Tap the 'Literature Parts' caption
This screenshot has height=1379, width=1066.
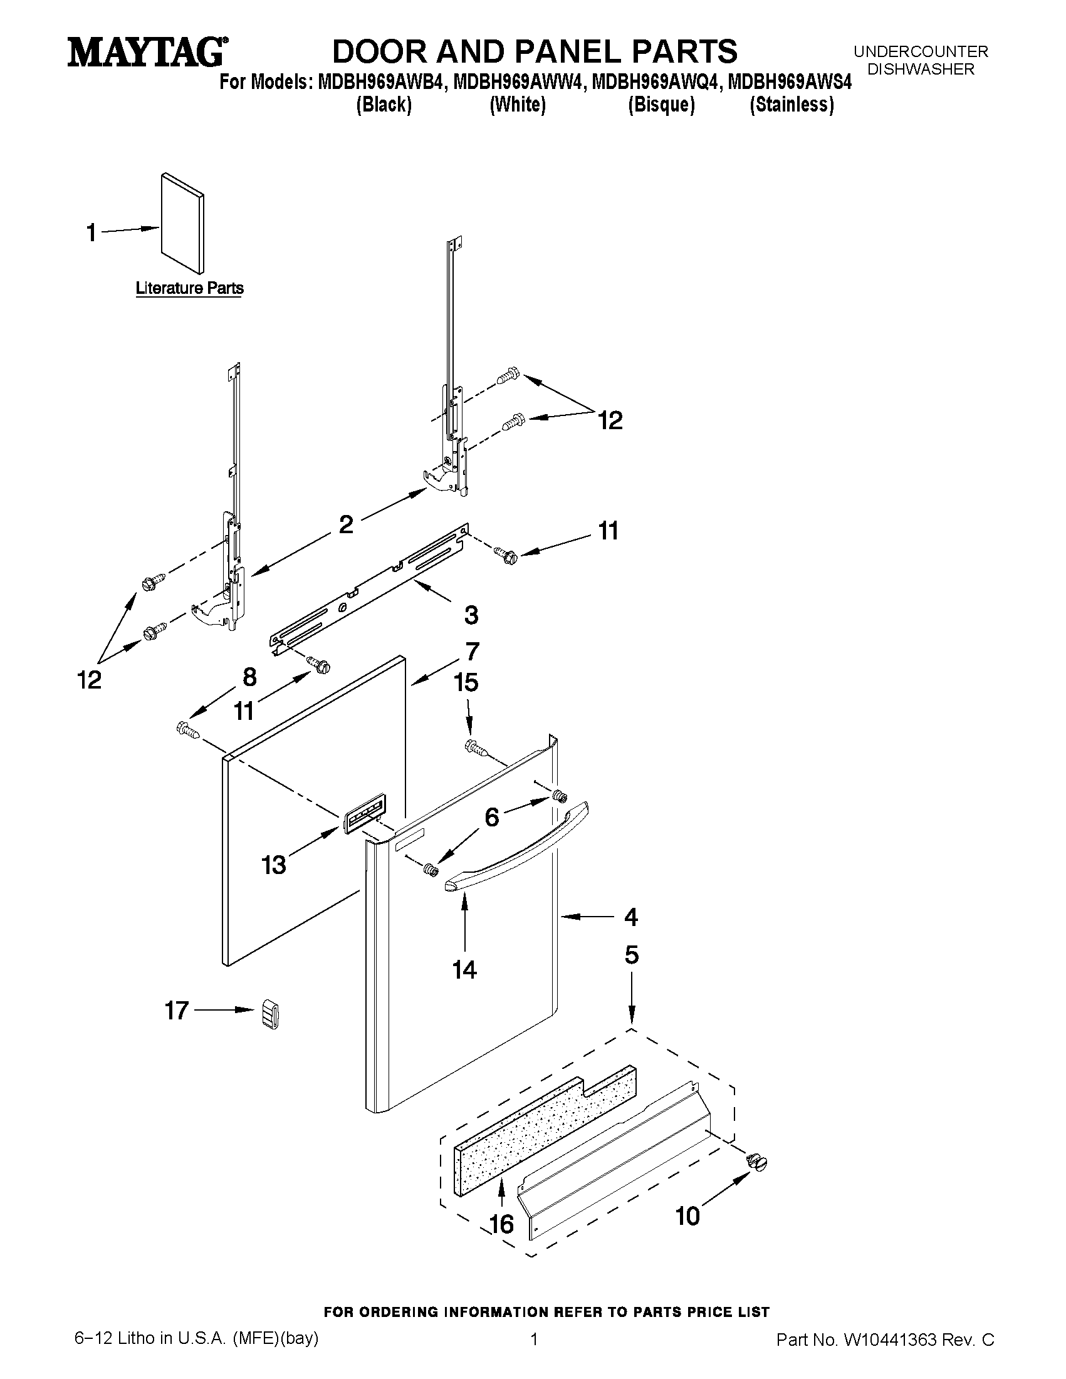tap(189, 289)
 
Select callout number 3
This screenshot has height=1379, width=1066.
tap(471, 615)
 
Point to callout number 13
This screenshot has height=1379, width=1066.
tap(274, 865)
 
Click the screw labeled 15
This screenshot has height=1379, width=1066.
tap(478, 747)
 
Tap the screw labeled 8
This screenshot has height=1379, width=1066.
tap(188, 731)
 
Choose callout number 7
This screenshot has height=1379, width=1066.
tap(473, 651)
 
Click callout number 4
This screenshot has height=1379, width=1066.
tap(631, 917)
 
